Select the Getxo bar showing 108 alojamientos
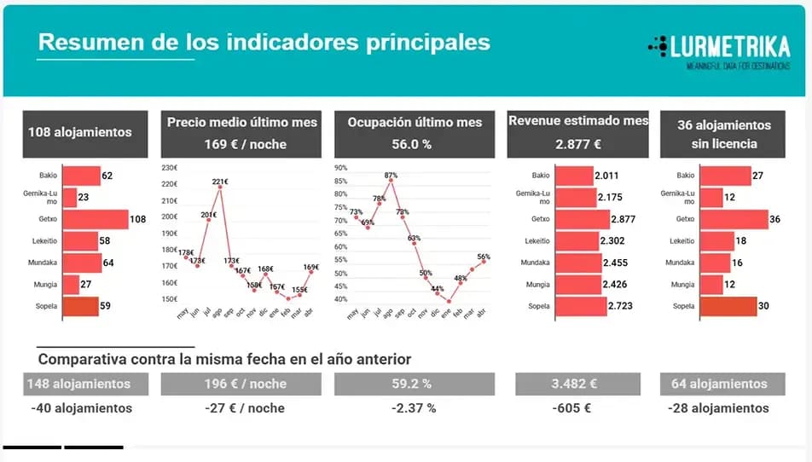click(95, 219)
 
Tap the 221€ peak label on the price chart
click(220, 182)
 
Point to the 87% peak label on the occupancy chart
click(391, 175)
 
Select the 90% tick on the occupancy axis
click(341, 168)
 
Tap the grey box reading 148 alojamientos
click(79, 384)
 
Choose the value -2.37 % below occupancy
click(414, 408)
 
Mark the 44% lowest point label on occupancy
click(438, 289)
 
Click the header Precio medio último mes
click(242, 123)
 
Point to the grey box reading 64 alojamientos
click(720, 384)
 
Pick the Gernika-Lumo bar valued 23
click(68, 197)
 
